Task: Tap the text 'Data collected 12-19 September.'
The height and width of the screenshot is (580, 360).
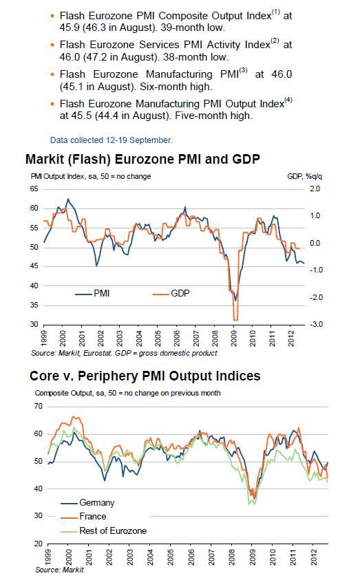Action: pos(121,140)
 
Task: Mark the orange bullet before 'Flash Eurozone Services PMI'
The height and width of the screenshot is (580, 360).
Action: pos(53,43)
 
